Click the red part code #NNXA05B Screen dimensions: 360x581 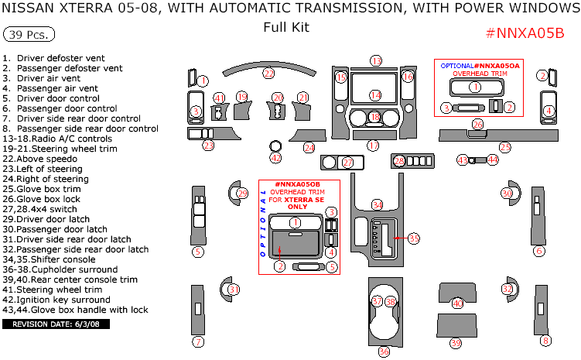[x=525, y=34]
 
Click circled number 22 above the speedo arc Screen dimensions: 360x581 [x=268, y=74]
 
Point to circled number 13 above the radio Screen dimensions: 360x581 [x=376, y=60]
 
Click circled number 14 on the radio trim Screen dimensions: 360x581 [x=374, y=95]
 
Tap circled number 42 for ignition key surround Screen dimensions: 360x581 [x=275, y=158]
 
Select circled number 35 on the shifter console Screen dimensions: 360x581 [x=414, y=238]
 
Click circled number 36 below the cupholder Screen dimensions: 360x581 [x=384, y=351]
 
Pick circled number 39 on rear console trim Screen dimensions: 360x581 [x=456, y=342]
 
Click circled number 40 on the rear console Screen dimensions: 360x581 [x=457, y=303]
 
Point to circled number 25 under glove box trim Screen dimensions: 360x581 [x=505, y=146]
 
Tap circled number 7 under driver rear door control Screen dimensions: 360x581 [x=198, y=341]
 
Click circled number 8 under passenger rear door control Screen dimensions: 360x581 [x=546, y=341]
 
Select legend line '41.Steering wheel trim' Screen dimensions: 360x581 [x=52, y=290]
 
